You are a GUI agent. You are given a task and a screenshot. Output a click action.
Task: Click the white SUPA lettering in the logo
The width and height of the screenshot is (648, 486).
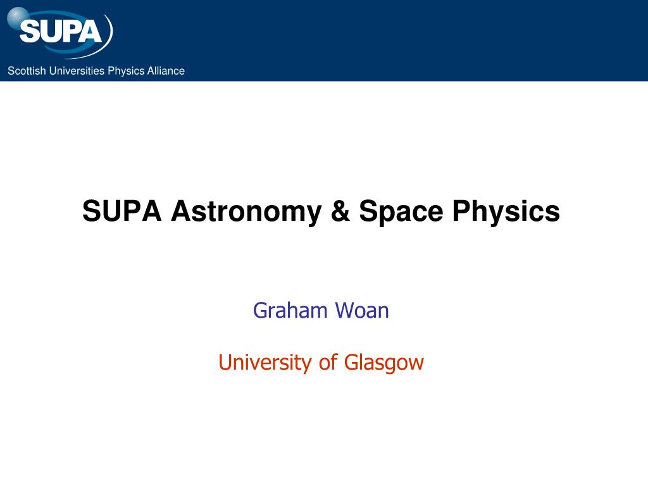point(60,32)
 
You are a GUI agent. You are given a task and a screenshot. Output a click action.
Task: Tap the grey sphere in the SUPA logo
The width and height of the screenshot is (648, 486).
point(18,18)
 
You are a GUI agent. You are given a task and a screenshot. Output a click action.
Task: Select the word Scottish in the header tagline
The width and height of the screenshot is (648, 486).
point(27,71)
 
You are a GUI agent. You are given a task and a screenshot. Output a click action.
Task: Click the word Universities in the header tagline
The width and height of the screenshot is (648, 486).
point(77,71)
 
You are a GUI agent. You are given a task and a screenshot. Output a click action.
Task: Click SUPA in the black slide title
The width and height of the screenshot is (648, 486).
point(122,211)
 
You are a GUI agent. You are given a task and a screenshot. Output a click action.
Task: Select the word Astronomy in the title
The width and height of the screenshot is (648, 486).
point(246,212)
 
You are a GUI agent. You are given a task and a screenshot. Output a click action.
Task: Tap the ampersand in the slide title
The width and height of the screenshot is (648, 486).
point(340,211)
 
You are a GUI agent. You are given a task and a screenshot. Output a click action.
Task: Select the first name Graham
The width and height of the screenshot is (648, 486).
point(290,310)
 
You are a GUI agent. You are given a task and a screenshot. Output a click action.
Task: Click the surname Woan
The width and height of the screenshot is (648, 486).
point(361,310)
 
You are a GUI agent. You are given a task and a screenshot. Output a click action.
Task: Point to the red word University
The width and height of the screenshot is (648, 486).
point(264,363)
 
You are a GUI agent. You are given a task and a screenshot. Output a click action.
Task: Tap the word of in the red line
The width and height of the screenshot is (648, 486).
point(328,362)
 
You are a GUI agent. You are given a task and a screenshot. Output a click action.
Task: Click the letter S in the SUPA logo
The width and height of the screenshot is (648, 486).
point(29,32)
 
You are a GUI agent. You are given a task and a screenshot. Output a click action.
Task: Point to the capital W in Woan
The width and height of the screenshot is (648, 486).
point(346,310)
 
